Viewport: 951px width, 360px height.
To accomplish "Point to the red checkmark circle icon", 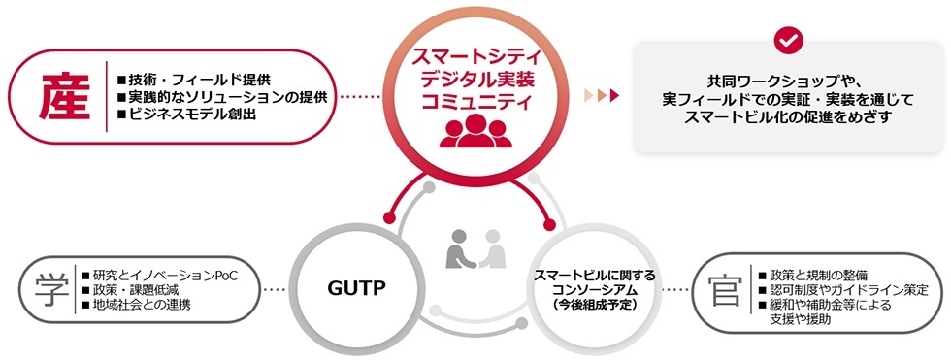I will tap(788, 40).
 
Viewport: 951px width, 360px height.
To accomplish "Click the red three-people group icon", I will tap(475, 131).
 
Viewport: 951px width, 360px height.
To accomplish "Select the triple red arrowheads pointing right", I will tap(600, 96).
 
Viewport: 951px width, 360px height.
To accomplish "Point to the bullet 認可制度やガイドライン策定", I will tap(847, 289).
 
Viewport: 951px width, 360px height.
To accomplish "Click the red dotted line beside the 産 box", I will tap(360, 97).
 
